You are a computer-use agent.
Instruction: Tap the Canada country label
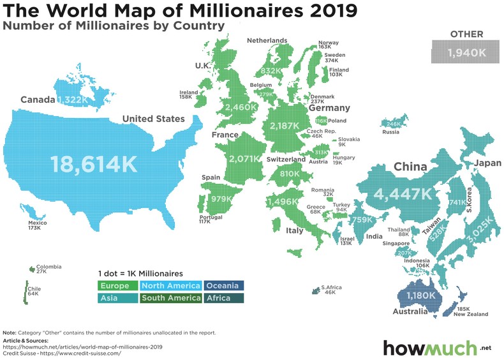point(37,100)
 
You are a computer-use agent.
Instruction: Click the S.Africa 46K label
point(332,290)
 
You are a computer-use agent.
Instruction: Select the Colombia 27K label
point(48,269)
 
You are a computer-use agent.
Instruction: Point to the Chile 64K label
point(34,292)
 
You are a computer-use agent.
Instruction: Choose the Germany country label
point(329,109)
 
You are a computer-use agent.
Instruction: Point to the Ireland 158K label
point(189,95)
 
